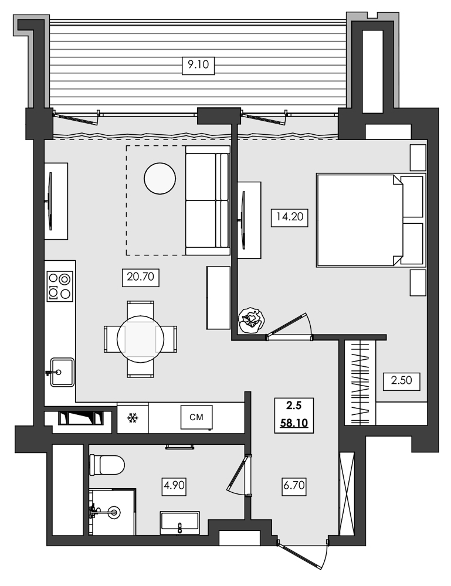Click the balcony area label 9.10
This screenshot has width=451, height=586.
pyautogui.click(x=199, y=66)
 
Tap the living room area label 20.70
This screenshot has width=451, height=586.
pyautogui.click(x=140, y=277)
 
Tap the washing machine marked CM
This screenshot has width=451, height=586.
pyautogui.click(x=196, y=417)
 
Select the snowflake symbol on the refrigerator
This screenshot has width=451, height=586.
pyautogui.click(x=133, y=418)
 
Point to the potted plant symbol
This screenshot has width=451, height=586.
pyautogui.click(x=252, y=321)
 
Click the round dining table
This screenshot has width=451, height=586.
pyautogui.click(x=140, y=339)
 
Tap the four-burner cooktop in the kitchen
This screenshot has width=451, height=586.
pyautogui.click(x=60, y=286)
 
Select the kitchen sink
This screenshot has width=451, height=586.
pyautogui.click(x=61, y=372)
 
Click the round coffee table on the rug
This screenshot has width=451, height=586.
pyautogui.click(x=160, y=178)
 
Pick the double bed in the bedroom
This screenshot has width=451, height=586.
pyautogui.click(x=369, y=220)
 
